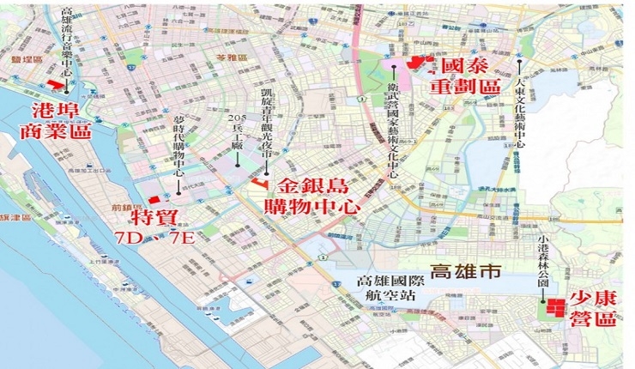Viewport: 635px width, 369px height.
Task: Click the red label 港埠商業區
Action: point(59,121)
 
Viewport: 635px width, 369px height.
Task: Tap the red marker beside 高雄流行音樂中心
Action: point(57,83)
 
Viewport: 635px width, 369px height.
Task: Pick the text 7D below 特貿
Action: point(131,237)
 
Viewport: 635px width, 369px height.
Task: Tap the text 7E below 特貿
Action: point(182,237)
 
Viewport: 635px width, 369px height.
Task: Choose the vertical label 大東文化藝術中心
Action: point(520,110)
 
